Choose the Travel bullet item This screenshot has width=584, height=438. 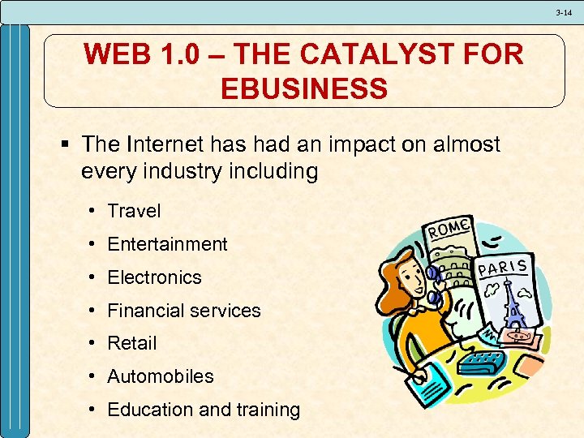134,211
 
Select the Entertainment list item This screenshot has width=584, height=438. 167,244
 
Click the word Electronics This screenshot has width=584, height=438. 154,277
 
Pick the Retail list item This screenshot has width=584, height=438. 131,344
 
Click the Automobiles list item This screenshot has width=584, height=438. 161,377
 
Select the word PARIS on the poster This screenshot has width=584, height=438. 504,268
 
